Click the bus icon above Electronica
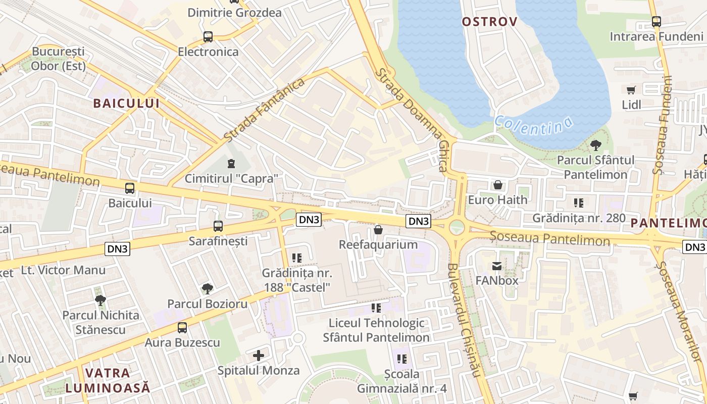(208, 36)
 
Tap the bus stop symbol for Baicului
(130, 188)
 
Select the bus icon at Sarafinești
(218, 226)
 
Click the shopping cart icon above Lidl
(631, 90)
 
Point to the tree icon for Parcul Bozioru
(207, 289)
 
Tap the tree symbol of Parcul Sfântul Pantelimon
(595, 145)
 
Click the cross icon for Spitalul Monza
(259, 356)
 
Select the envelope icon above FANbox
(497, 266)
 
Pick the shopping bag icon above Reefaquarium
(378, 230)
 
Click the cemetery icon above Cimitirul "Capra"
(231, 164)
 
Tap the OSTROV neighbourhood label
(489, 22)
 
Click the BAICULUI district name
(126, 104)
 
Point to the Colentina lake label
(534, 125)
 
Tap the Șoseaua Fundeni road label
(664, 125)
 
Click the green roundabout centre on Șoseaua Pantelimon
(457, 227)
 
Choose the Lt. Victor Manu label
(64, 270)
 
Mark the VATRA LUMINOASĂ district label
(108, 381)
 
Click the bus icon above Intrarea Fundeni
(656, 22)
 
